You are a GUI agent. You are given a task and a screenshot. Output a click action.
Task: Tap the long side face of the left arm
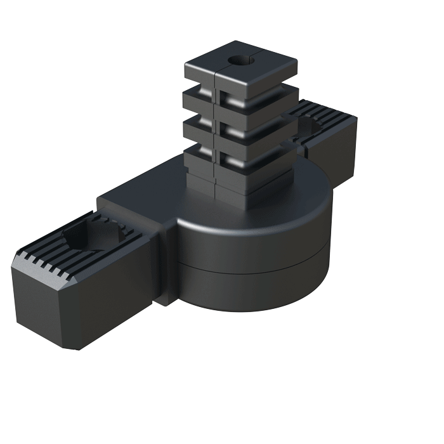114,298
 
